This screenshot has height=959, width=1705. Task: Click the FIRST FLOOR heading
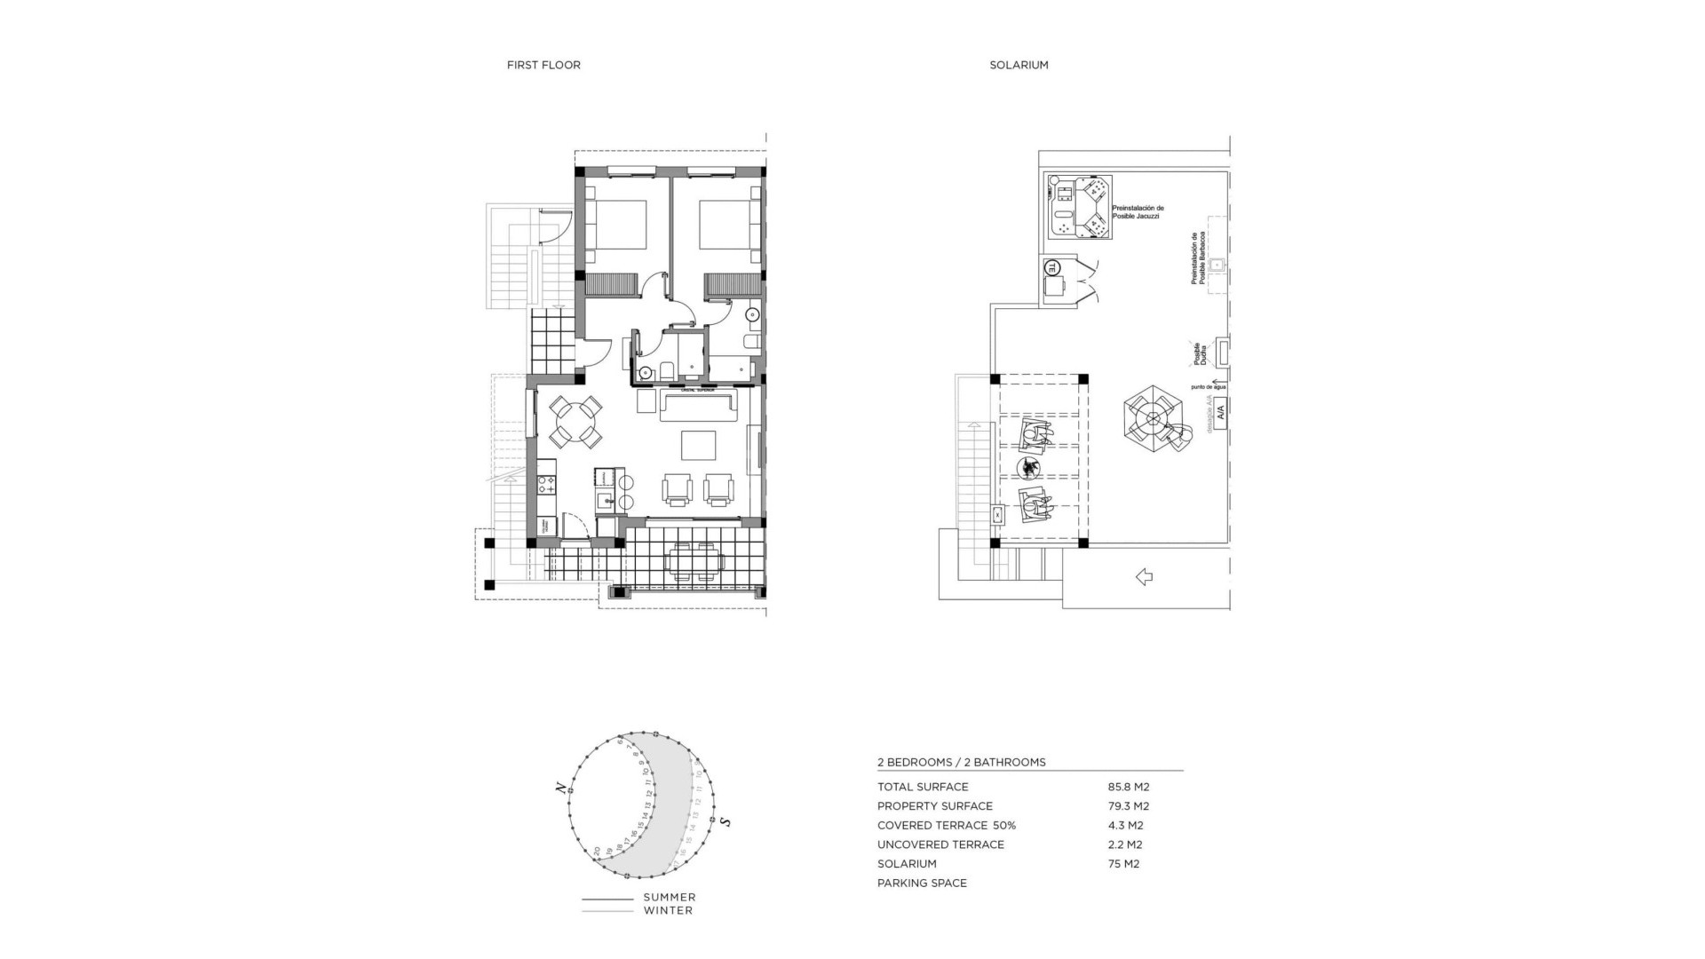[x=543, y=65]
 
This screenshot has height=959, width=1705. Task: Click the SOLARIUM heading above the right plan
[x=1019, y=65]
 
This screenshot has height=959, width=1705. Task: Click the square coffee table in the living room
[x=699, y=445]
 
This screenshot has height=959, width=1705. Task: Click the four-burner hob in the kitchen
[x=546, y=485]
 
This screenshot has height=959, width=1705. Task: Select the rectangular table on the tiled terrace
[x=696, y=562]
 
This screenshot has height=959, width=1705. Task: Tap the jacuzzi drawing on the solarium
[x=1081, y=207]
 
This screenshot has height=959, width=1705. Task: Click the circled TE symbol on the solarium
[x=1052, y=266]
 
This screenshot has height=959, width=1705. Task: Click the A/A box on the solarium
[x=1220, y=412]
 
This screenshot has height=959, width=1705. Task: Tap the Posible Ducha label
[x=1201, y=354]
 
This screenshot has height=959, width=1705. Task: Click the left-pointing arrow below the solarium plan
[x=1144, y=577]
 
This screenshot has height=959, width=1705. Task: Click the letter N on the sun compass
[x=560, y=786]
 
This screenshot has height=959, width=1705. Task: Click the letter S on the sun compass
[x=726, y=822]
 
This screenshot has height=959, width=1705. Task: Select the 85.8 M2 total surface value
[x=1128, y=787]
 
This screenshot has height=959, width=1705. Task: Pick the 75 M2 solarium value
[x=1123, y=864]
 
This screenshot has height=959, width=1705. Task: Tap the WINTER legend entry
[x=668, y=910]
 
